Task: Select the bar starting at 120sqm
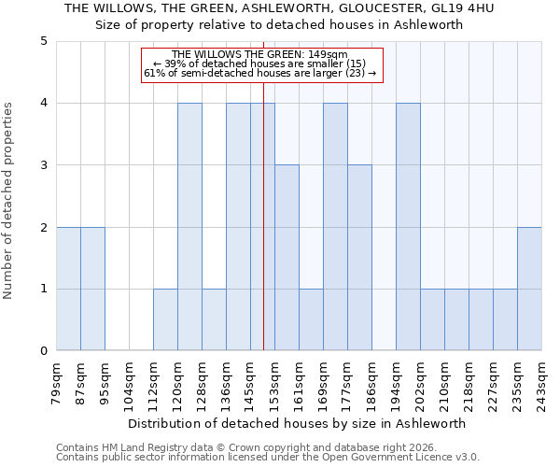pos(189,227)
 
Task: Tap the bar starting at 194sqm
pos(408,227)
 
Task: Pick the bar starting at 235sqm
pos(529,289)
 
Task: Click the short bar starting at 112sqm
pos(165,319)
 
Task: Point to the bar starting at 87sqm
pos(92,289)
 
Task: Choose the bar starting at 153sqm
pos(287,258)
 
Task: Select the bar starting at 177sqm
pos(359,258)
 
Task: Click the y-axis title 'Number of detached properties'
pos(9,202)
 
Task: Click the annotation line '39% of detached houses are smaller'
pos(261,64)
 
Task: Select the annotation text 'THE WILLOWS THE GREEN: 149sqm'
pos(261,54)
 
